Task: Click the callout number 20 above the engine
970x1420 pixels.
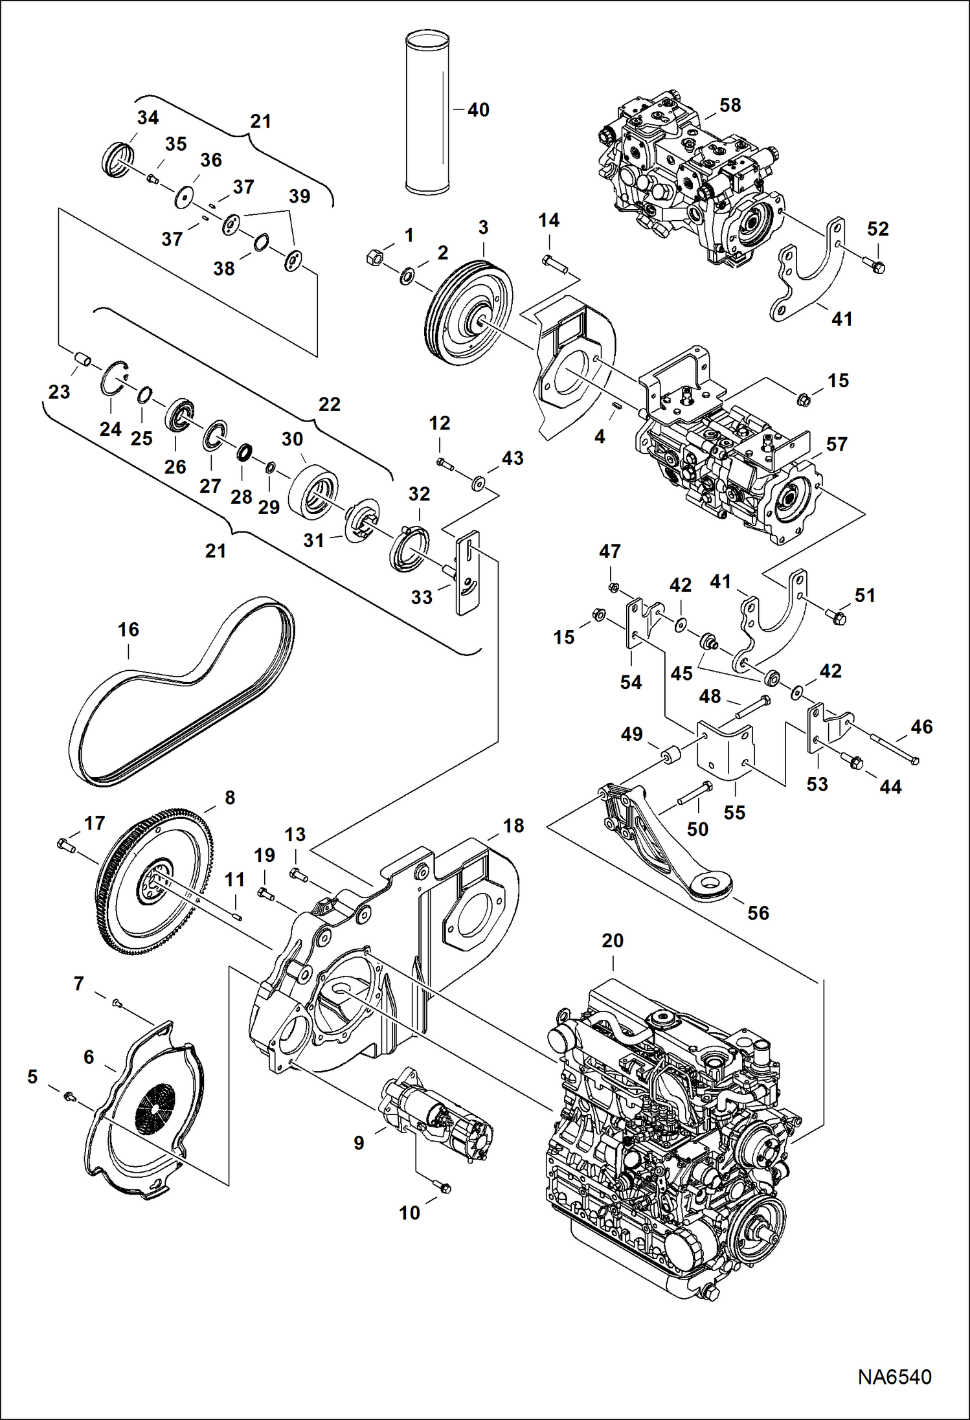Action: [x=613, y=940]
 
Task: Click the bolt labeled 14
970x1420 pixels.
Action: [x=554, y=264]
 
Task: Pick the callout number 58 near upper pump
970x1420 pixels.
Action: [x=730, y=106]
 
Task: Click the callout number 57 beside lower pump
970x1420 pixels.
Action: [x=836, y=444]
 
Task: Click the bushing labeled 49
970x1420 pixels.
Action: [x=669, y=755]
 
